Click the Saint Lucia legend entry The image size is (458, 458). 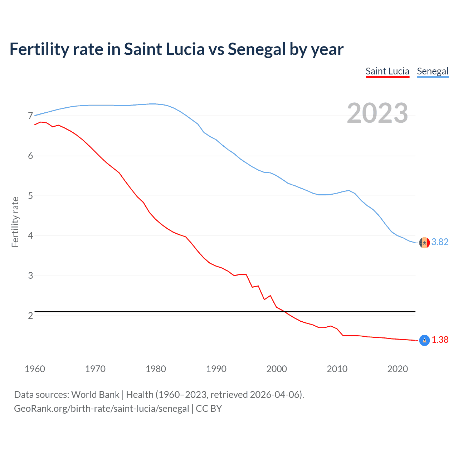(387, 71)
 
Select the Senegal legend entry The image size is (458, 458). (432, 71)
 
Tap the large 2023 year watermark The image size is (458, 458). (377, 113)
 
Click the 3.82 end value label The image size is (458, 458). (440, 242)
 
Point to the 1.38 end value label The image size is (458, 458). (440, 340)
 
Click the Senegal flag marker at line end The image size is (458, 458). (424, 243)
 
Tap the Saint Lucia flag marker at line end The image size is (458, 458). (424, 340)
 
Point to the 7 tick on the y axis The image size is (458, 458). (30, 116)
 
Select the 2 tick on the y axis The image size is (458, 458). (30, 316)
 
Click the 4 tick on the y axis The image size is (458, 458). (30, 236)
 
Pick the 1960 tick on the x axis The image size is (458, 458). (35, 369)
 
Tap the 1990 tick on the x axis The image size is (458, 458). (216, 369)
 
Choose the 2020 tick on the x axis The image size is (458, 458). (398, 369)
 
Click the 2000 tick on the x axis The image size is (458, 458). (277, 369)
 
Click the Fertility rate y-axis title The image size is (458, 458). (15, 222)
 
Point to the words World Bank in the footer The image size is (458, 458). (95, 395)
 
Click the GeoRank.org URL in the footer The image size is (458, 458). (101, 409)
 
